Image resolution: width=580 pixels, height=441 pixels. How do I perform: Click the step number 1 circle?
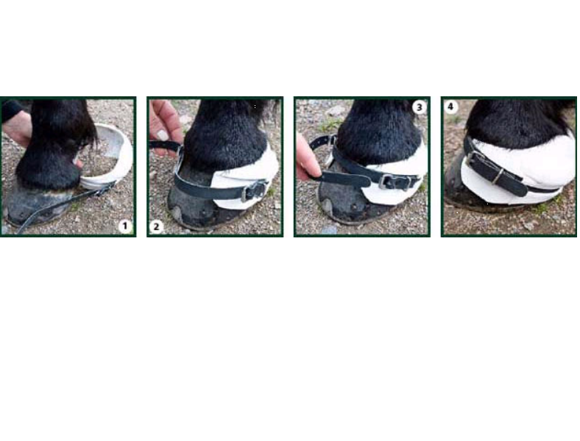124,226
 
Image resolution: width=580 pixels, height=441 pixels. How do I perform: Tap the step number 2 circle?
157,226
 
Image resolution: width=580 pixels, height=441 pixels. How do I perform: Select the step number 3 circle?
419,107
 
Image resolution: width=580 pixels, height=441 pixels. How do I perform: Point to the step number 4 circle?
451,107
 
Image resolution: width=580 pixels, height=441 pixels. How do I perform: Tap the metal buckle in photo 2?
255,189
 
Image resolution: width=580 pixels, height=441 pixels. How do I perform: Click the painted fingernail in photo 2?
161,135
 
